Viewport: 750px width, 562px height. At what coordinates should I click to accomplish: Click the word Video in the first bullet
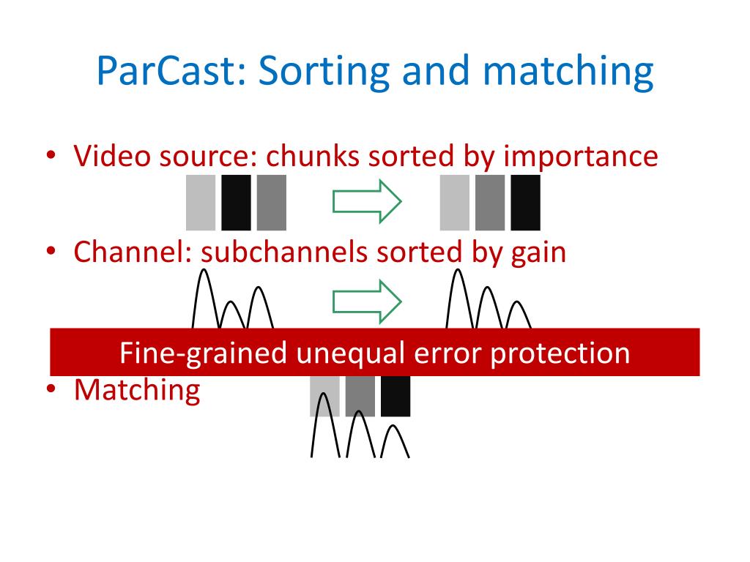click(x=105, y=156)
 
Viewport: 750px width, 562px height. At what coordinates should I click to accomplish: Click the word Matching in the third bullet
click(x=137, y=389)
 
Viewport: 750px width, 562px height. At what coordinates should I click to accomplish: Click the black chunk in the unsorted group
click(x=236, y=202)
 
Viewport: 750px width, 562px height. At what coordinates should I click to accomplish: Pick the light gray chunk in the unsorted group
click(x=201, y=202)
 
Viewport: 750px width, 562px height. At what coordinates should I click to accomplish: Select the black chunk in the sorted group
click(x=525, y=202)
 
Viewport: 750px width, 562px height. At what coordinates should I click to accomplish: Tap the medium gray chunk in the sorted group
click(x=489, y=202)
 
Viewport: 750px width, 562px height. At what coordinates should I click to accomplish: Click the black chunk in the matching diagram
click(x=396, y=396)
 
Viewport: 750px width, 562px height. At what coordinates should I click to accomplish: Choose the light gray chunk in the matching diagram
click(x=324, y=396)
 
